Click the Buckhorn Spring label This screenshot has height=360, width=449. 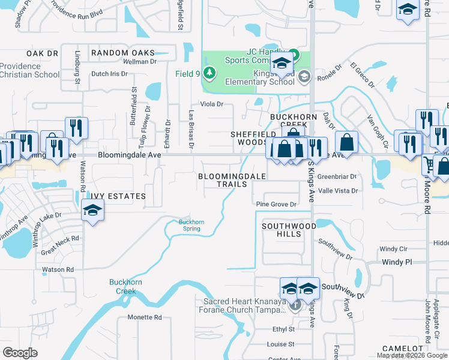click(191, 225)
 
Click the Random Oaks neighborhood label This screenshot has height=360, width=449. click(123, 53)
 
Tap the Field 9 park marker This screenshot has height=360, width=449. click(209, 73)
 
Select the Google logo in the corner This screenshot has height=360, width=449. click(20, 352)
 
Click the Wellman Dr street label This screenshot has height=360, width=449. click(139, 62)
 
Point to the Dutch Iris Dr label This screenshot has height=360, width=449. click(109, 74)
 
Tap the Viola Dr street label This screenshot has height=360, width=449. click(211, 104)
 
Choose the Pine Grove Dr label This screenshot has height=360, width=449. click(277, 204)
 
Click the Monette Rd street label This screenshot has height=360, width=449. click(145, 317)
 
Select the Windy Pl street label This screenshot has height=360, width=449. click(397, 262)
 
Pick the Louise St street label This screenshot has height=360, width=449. click(281, 344)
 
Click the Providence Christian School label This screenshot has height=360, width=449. click(30, 70)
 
